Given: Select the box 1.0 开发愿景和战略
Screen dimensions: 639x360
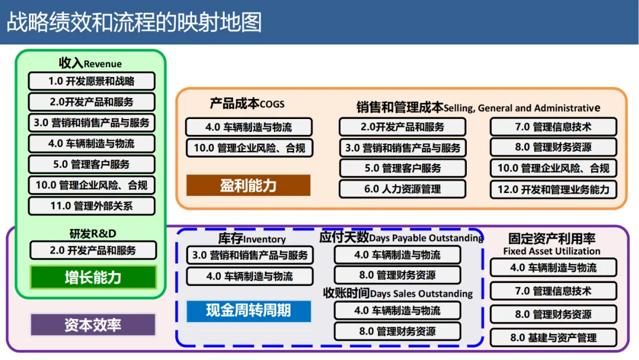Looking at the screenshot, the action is pos(92,81).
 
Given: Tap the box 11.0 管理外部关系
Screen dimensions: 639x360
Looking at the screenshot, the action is pos(92,206).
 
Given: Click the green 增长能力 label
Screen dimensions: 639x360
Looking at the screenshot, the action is pos(93,277).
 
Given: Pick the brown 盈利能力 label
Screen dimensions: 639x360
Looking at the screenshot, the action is pos(248,185).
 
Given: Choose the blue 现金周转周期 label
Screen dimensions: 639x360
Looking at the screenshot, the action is pos(248,310).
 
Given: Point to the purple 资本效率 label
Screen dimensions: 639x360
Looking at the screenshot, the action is pos(93,324).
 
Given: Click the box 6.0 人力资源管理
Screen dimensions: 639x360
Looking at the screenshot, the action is pos(402,189).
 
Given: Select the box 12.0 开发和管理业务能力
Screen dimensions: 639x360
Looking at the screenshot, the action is pos(553,189).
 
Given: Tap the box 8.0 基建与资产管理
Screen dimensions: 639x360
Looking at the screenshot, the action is pos(553,337).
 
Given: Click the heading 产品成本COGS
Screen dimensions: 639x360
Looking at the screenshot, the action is pos(247,104).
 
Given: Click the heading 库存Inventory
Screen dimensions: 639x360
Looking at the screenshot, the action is pos(251,239).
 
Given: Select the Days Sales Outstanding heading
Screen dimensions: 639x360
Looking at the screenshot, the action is pos(398,293).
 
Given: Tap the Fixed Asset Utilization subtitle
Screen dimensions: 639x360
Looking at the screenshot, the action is pos(551,251).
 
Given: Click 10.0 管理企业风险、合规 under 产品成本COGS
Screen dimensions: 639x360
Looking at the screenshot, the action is pos(249,147).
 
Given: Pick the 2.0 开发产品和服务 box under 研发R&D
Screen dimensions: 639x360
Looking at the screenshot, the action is pos(93,250).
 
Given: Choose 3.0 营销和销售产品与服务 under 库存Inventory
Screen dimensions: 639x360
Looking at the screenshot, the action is pos(250,255).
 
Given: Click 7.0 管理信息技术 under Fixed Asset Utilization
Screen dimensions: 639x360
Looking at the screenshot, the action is pos(553,291).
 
